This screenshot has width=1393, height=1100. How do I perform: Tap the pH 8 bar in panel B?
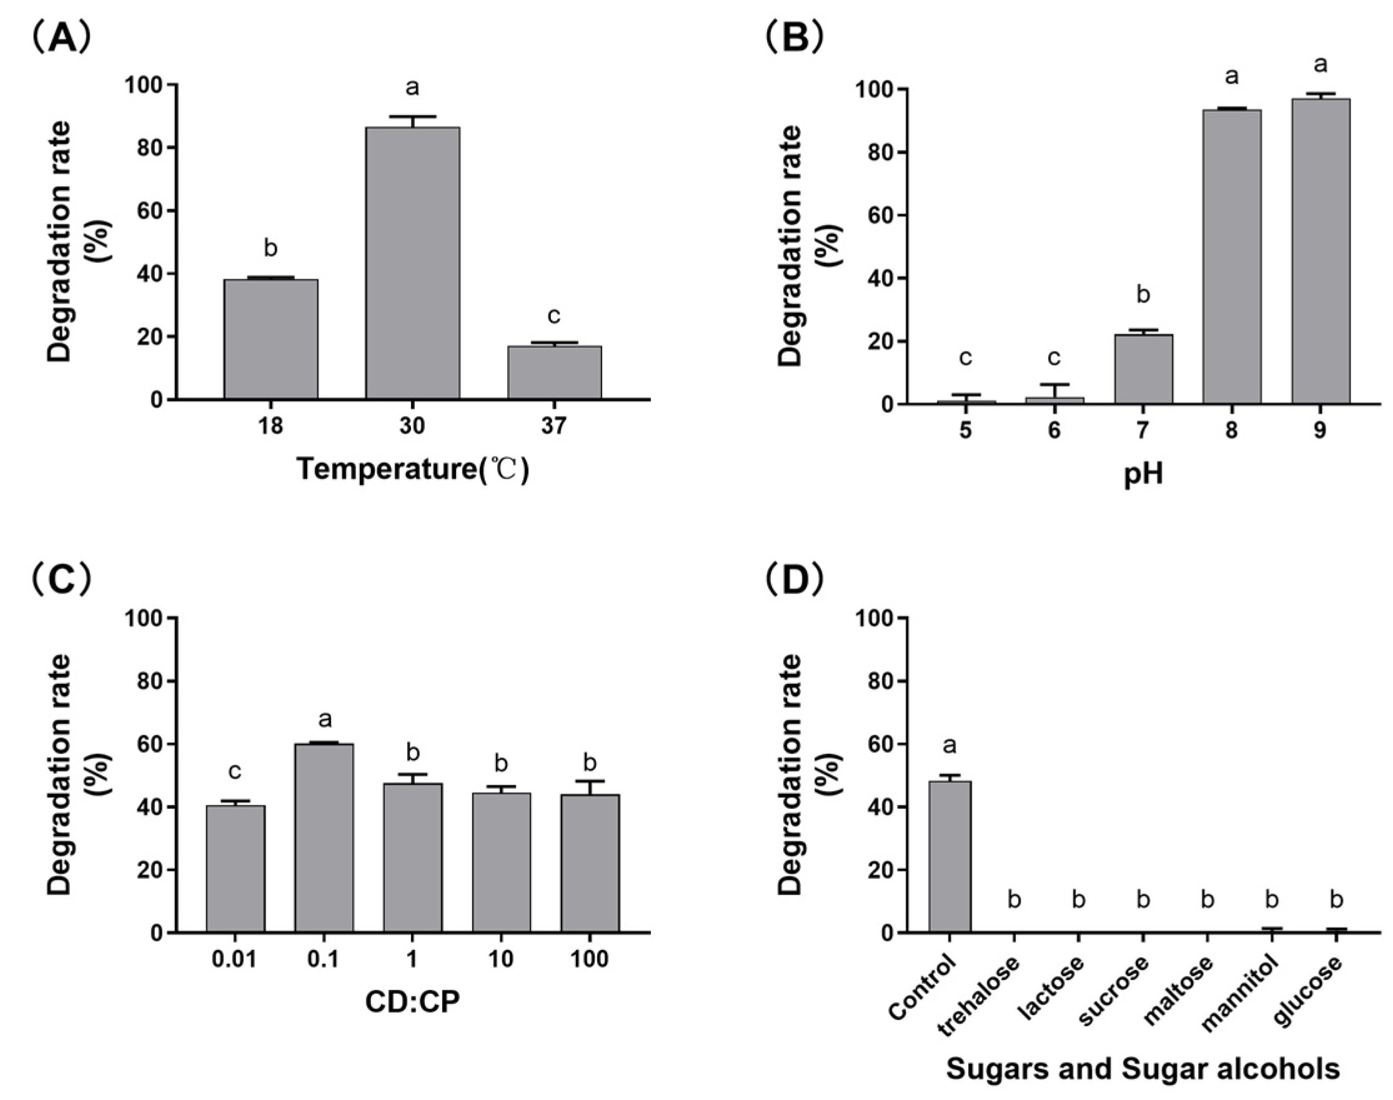pyautogui.click(x=1231, y=257)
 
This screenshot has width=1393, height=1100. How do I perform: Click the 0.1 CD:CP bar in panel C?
pyautogui.click(x=324, y=838)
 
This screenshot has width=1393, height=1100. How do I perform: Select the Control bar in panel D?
pyautogui.click(x=949, y=856)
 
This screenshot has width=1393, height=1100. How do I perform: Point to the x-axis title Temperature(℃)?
pyautogui.click(x=412, y=469)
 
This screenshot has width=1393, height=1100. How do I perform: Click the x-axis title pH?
pyautogui.click(x=1143, y=475)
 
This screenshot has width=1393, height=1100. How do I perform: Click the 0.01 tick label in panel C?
pyautogui.click(x=234, y=959)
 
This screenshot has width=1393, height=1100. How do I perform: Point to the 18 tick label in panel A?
pyautogui.click(x=270, y=426)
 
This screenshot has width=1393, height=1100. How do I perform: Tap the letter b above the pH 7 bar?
pyautogui.click(x=1143, y=294)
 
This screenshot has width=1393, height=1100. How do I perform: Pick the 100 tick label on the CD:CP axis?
pyautogui.click(x=589, y=959)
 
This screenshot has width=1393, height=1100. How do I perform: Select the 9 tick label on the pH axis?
pyautogui.click(x=1319, y=430)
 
